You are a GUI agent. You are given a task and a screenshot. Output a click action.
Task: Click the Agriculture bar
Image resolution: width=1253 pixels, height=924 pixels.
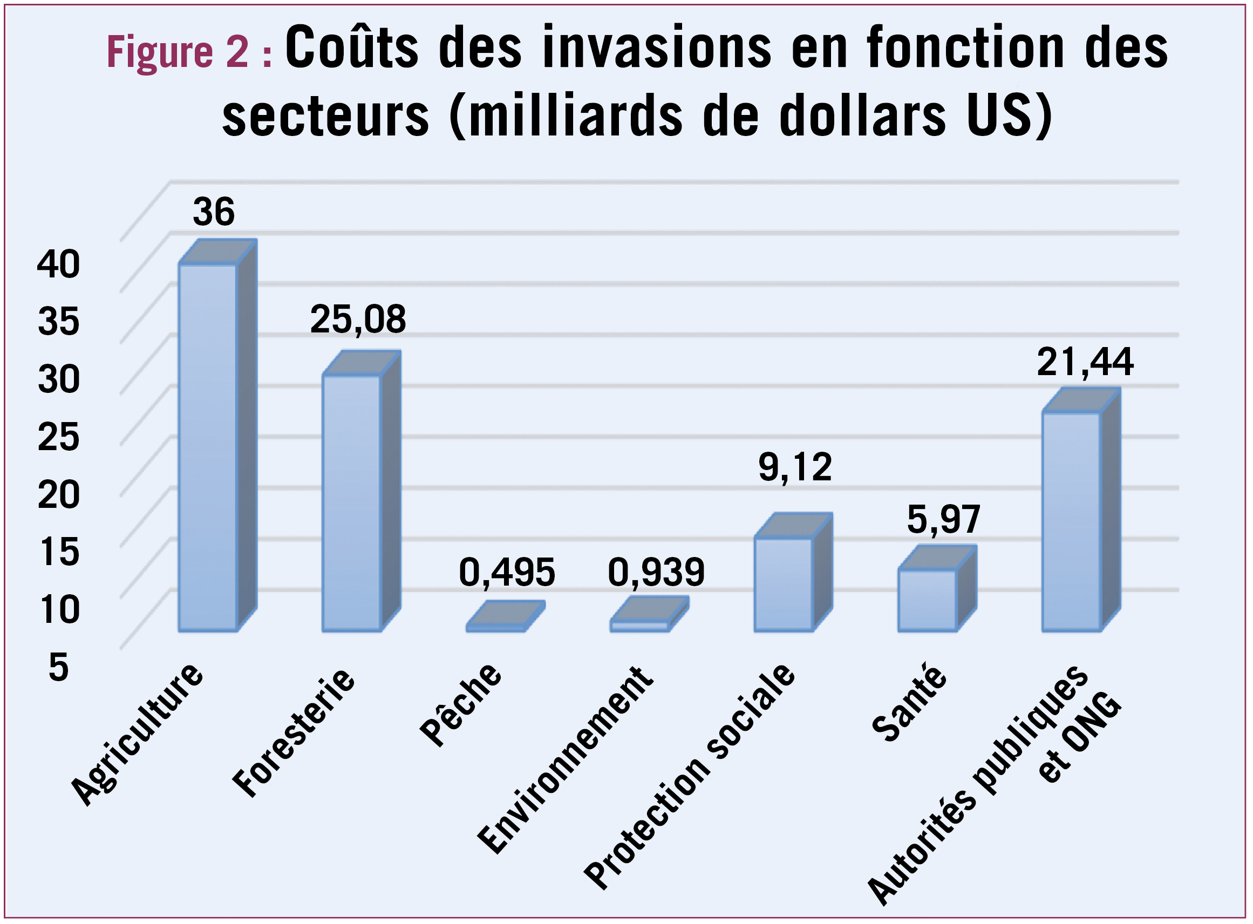tap(208, 447)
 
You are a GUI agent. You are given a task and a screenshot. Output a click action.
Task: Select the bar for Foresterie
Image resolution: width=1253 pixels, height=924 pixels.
tap(352, 504)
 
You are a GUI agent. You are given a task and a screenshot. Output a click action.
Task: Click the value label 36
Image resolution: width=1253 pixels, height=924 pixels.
tap(214, 212)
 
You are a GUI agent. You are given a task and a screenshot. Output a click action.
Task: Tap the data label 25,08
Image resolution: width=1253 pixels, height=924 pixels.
tap(358, 320)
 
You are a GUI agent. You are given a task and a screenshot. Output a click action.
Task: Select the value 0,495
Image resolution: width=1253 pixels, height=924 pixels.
tap(507, 572)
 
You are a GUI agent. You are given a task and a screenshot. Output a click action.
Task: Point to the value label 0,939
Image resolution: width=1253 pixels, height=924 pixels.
tap(656, 572)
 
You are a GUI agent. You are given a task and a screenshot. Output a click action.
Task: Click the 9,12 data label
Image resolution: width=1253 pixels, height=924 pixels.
tap(795, 467)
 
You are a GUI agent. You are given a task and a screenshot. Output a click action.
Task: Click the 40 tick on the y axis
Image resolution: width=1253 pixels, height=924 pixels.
tap(59, 264)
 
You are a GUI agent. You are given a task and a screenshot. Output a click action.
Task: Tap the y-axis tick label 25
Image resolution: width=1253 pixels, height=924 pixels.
tap(59, 437)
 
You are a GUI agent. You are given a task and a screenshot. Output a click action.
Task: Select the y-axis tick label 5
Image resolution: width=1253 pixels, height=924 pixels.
tap(59, 667)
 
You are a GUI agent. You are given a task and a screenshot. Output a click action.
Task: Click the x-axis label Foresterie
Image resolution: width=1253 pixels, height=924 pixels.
tap(294, 733)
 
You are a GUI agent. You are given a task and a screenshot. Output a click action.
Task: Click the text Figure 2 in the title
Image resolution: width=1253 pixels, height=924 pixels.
tap(177, 51)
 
